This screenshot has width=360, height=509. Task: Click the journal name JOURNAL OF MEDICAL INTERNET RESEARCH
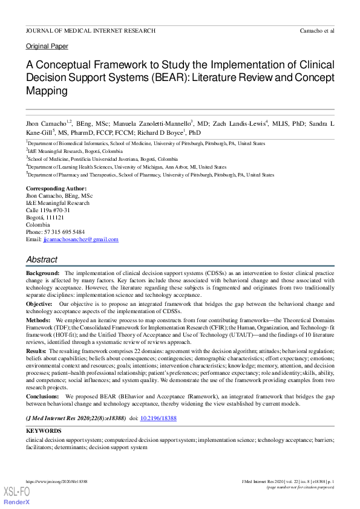(x=91, y=30)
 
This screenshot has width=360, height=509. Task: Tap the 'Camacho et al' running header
(x=317, y=30)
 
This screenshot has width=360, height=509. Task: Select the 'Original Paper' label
(x=47, y=46)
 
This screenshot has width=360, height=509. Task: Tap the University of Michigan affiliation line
(x=127, y=167)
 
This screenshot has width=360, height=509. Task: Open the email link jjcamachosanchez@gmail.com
(x=80, y=239)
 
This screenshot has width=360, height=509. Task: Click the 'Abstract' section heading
(x=42, y=259)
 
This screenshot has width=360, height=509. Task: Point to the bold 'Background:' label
(x=42, y=274)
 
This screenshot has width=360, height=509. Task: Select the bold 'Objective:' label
(x=40, y=303)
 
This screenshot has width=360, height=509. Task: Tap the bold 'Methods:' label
(x=39, y=319)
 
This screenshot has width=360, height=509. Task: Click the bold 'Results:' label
(x=36, y=351)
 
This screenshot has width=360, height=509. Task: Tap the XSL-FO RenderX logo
(x=17, y=495)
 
